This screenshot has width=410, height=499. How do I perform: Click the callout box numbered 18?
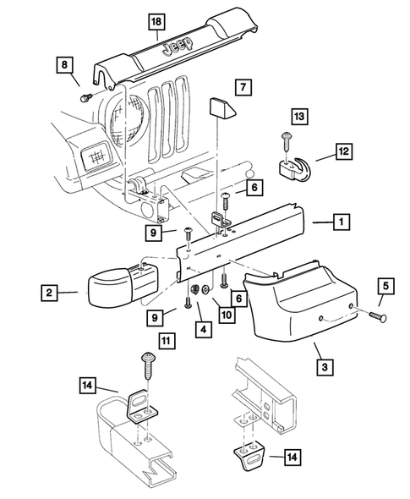[x=156, y=22]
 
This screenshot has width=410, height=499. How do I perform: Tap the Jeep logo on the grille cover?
[x=178, y=47]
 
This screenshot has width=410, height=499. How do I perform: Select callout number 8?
[x=64, y=65]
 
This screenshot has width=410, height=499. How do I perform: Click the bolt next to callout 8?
[x=86, y=97]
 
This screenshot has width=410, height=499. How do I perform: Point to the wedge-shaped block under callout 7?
[x=221, y=108]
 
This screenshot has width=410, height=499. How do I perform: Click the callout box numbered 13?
[x=299, y=116]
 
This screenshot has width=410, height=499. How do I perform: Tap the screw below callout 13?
[x=286, y=143]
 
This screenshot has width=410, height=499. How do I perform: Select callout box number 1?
[x=342, y=222]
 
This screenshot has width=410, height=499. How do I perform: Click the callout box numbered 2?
[x=49, y=293]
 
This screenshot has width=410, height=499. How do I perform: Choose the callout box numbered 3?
[x=325, y=367]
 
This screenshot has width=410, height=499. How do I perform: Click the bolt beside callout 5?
[x=378, y=316]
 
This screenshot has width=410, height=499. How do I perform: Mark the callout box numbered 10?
[x=227, y=315]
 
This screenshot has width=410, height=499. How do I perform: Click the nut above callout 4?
[x=194, y=289]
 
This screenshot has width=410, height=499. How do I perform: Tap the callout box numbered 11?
[x=166, y=341]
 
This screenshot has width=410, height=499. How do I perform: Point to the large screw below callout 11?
[x=148, y=365]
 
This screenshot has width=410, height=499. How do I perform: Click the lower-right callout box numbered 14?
[x=292, y=457]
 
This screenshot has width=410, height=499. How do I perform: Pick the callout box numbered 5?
[x=385, y=286]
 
